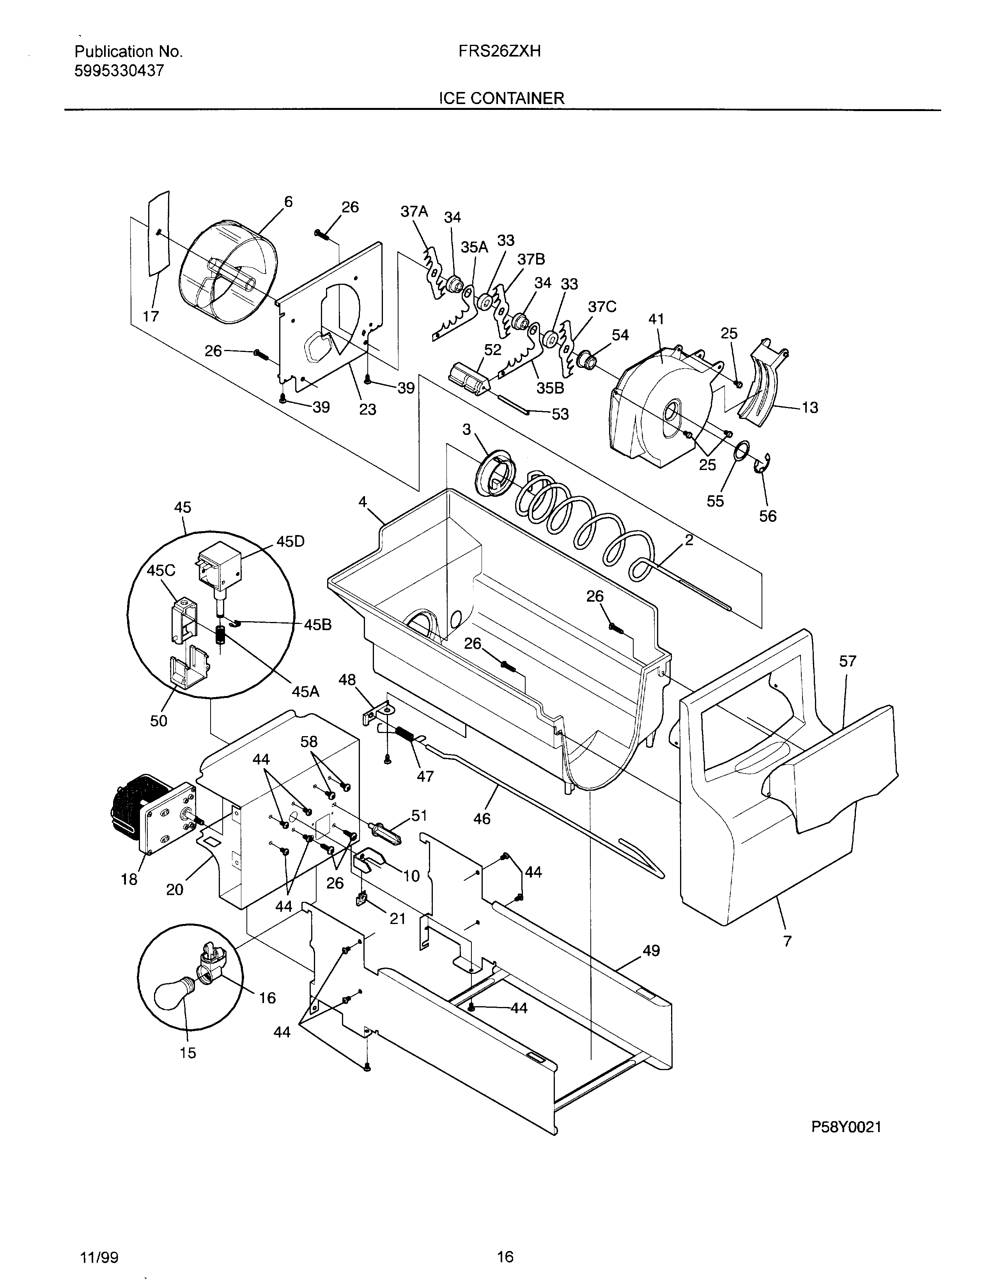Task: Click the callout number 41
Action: (x=656, y=319)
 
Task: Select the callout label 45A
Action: (x=305, y=691)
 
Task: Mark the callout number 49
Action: (x=650, y=950)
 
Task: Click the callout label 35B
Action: (x=549, y=388)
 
